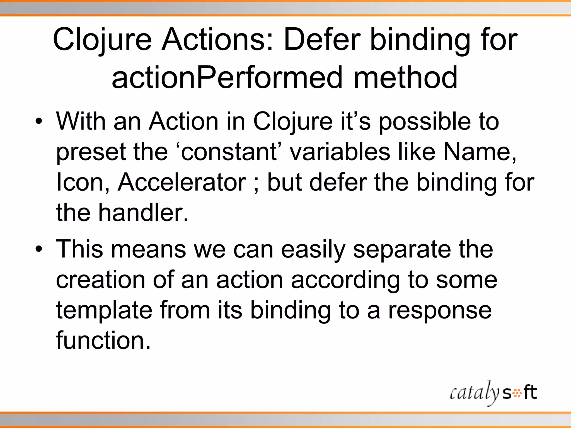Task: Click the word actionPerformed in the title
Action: pyautogui.click(x=227, y=77)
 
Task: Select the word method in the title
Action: pyautogui.click(x=405, y=77)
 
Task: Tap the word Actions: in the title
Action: pyautogui.click(x=217, y=40)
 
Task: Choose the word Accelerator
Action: pyautogui.click(x=182, y=183)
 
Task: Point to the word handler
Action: pyautogui.click(x=143, y=213)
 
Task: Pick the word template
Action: pyautogui.click(x=104, y=310)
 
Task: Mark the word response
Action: pyautogui.click(x=440, y=310)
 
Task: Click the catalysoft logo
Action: pyautogui.click(x=493, y=393)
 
